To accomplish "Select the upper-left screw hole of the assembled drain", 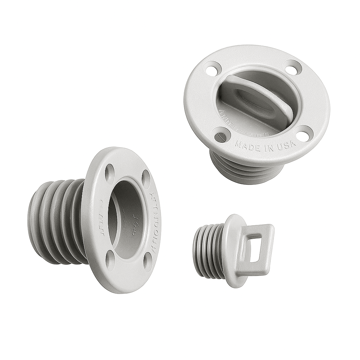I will (x=213, y=68).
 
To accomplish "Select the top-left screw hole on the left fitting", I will (x=110, y=173).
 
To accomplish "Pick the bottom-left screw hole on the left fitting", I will (x=110, y=261).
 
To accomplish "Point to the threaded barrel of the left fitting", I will (x=56, y=221).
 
